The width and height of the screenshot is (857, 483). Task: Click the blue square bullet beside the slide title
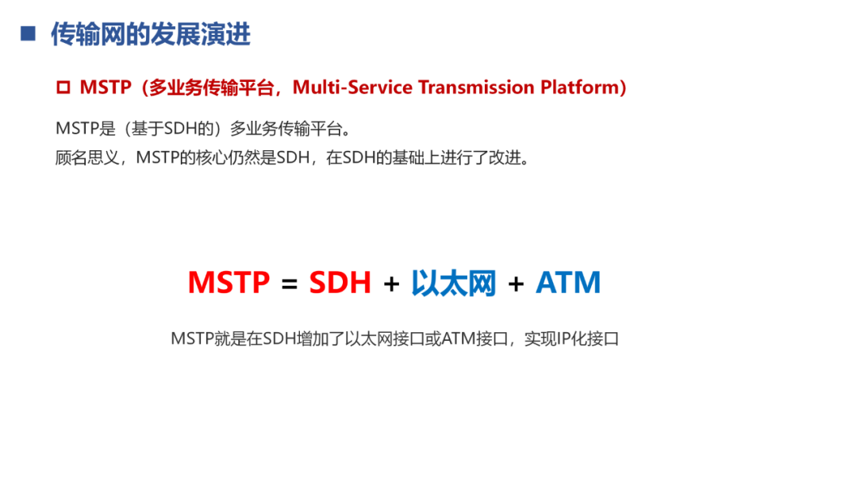click(x=29, y=33)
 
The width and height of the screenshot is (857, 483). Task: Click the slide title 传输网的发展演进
click(x=150, y=34)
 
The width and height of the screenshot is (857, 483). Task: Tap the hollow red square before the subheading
click(x=63, y=88)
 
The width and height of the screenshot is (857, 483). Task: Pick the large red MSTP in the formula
click(x=229, y=283)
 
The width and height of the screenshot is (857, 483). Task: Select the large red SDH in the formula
click(x=340, y=283)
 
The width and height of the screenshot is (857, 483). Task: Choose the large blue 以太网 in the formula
click(x=453, y=283)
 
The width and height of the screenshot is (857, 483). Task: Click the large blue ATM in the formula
click(x=568, y=283)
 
